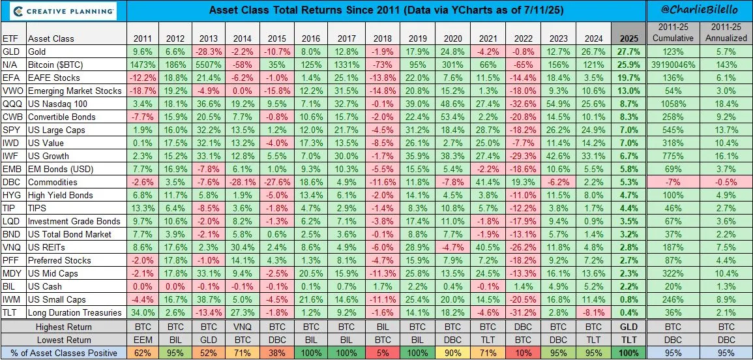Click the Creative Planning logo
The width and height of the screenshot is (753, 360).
[59, 11]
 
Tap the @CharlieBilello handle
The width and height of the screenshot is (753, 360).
[699, 11]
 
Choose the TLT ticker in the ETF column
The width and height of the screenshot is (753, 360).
[11, 312]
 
